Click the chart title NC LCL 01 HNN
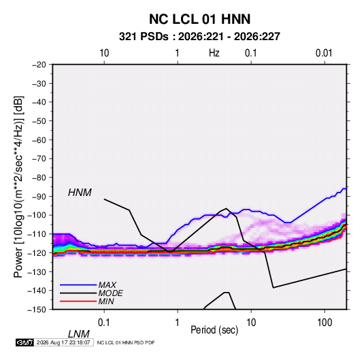[x=199, y=19]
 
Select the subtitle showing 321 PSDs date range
[x=199, y=37]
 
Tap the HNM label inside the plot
[x=80, y=193]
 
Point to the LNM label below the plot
[x=79, y=334]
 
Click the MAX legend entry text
[x=107, y=284]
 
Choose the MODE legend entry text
[x=110, y=293]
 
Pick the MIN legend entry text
[x=106, y=301]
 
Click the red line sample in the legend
[x=78, y=301]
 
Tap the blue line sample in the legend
[x=78, y=284]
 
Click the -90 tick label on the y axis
[x=39, y=196]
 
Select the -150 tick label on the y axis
[x=37, y=310]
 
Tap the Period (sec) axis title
[x=214, y=330]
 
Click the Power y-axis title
[x=18, y=187]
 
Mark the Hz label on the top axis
[x=214, y=53]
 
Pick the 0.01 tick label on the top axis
[x=324, y=53]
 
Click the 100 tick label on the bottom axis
[x=325, y=323]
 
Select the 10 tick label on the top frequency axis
[x=104, y=53]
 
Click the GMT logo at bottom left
[x=25, y=342]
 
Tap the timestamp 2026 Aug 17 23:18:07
[x=63, y=342]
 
